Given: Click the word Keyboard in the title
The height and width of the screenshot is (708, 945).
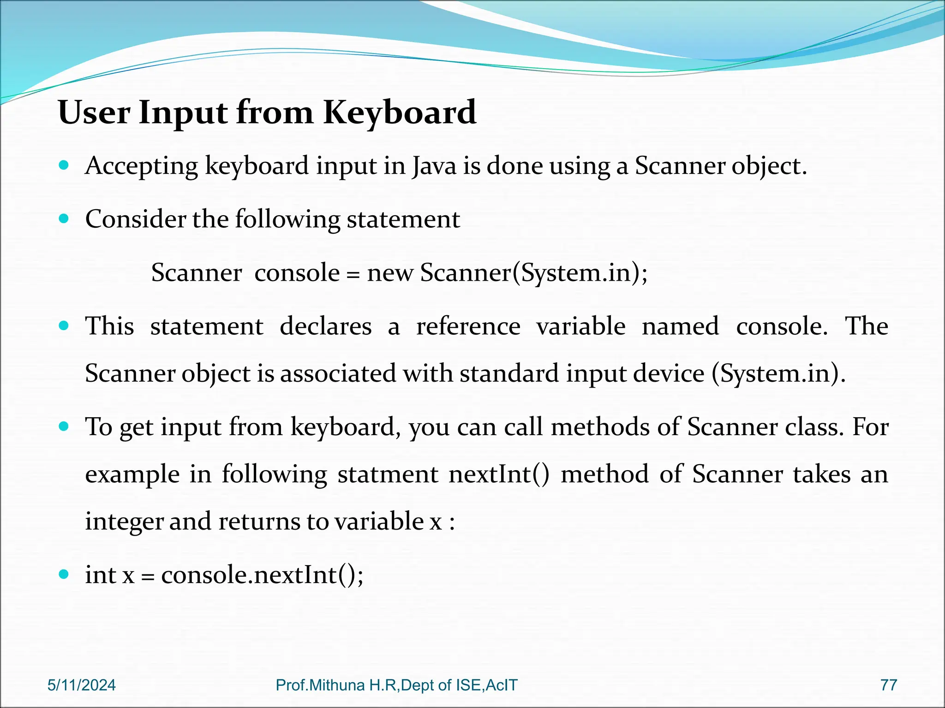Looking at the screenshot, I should tap(399, 113).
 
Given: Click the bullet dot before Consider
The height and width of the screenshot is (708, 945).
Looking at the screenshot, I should tap(64, 218).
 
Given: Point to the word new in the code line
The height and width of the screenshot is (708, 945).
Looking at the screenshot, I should tap(390, 273).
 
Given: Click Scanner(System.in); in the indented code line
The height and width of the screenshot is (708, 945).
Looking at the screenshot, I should tap(534, 273).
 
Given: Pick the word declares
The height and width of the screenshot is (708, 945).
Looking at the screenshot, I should tap(325, 326).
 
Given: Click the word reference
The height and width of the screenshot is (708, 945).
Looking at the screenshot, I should tap(468, 326).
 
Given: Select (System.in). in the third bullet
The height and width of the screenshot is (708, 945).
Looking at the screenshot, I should tap(778, 373).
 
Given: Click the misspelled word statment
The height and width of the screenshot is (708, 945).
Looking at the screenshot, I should tap(388, 474).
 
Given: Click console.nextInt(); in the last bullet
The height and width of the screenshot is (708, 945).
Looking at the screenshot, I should tap(262, 575).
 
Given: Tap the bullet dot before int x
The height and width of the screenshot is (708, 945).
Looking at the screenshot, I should tap(64, 574).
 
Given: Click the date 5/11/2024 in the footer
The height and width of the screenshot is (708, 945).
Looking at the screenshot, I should tap(82, 685).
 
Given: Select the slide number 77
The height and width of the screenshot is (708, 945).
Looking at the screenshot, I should tap(888, 685).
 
